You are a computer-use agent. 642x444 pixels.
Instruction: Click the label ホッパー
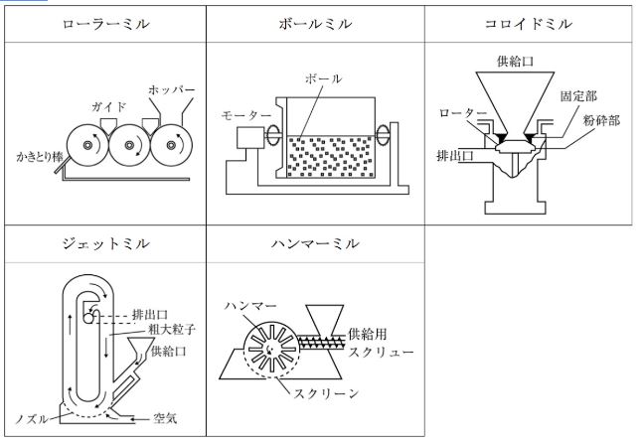tap(171, 89)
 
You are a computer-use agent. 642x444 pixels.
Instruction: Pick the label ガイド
tap(106, 104)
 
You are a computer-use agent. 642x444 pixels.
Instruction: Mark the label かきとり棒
tap(40, 157)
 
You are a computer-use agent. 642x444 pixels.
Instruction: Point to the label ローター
tap(459, 113)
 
